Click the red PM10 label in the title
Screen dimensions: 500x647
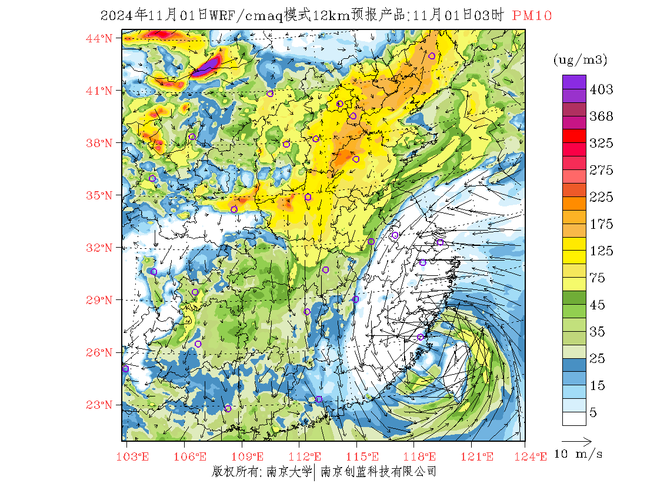532,16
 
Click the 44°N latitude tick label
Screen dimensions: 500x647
99,39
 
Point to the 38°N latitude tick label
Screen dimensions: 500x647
99,143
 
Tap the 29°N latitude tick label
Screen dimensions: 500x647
99,300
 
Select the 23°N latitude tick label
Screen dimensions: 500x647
99,405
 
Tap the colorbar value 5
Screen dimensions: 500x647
593,412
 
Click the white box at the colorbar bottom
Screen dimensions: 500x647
573,418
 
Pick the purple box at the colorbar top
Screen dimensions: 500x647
573,82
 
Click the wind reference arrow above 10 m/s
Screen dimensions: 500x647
576,441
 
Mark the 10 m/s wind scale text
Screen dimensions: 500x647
579,454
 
